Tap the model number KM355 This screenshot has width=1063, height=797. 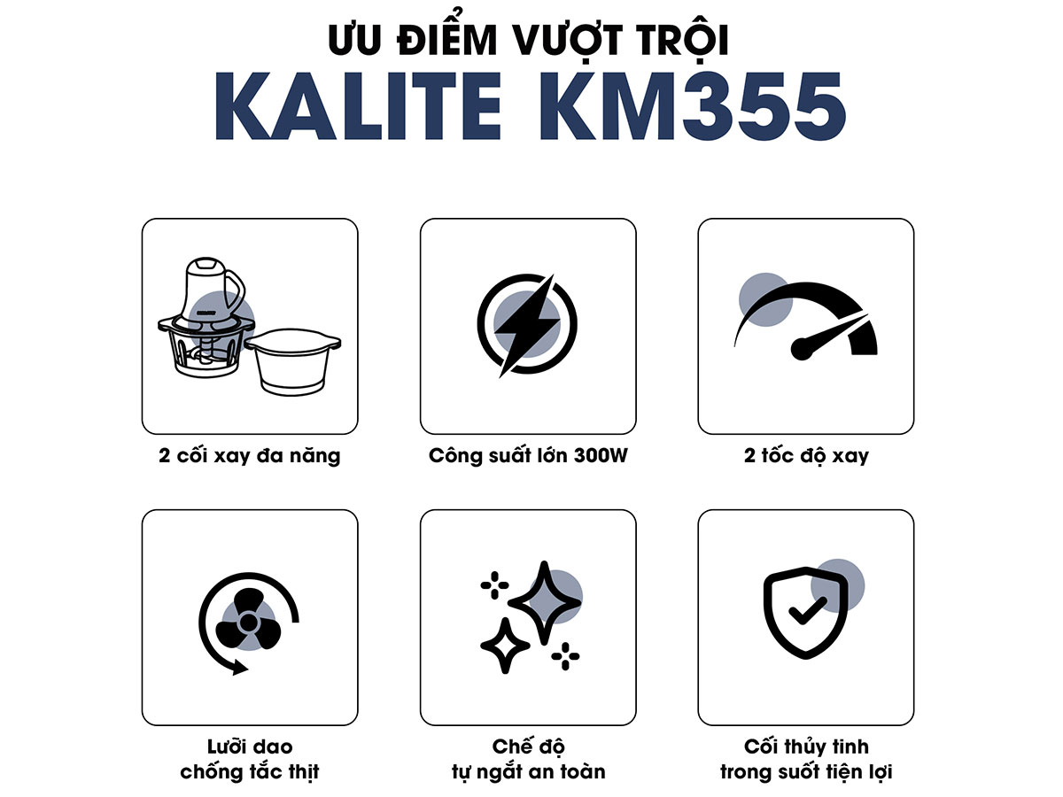[693, 106]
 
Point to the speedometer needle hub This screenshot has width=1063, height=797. [801, 348]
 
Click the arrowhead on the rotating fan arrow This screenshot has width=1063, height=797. [239, 668]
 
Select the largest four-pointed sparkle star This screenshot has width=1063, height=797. [544, 602]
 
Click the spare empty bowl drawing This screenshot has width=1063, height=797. [293, 360]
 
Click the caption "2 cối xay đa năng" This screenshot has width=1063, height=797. [250, 456]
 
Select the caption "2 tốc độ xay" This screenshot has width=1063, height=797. [806, 456]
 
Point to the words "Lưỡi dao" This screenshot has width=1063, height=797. [250, 747]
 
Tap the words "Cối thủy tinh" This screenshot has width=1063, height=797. [806, 747]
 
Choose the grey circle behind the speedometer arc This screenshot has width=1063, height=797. [765, 300]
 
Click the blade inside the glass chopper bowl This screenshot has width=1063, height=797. [206, 355]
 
